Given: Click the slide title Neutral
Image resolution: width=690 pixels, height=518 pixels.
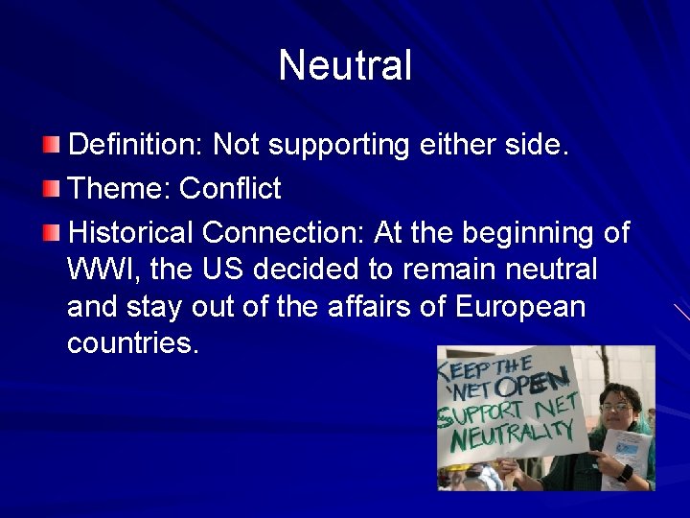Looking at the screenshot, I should pos(345,66).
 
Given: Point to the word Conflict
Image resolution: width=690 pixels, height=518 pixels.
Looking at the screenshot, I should pos(230,189).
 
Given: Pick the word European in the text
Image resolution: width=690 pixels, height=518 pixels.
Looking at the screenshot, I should pos(520,307).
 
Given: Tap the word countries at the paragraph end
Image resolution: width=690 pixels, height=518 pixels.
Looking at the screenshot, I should pos(132,343).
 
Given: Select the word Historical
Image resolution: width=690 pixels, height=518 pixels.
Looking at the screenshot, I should pos(132,233).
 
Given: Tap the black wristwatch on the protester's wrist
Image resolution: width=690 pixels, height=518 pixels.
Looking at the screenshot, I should pos(625,473).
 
